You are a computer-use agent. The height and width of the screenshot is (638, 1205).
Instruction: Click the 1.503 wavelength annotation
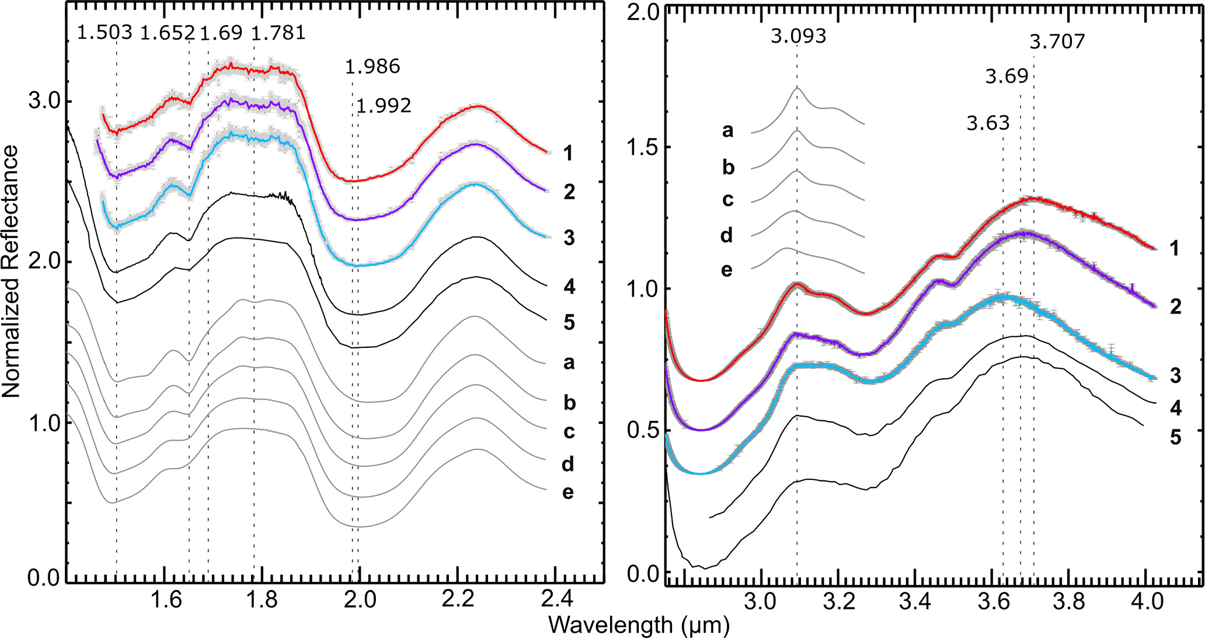pos(105,33)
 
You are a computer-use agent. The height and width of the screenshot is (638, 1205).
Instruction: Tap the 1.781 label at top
pos(279,33)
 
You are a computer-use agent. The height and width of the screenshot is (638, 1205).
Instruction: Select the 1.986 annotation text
pos(372,67)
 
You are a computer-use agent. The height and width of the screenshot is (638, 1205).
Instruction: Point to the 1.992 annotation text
pos(384,106)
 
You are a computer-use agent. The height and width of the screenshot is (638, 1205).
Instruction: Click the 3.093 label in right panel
pos(798,36)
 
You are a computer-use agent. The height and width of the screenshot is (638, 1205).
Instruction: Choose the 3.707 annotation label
pos(1057,41)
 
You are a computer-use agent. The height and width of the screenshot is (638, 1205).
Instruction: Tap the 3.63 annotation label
pos(988,123)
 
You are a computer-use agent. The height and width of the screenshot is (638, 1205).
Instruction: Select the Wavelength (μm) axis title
pos(639,625)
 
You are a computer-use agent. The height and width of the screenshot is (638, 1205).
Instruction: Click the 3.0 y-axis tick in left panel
pos(44,100)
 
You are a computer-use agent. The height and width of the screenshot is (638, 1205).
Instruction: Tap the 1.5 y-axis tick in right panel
pos(642,147)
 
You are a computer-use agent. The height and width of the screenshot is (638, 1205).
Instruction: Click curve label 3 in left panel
pos(569,238)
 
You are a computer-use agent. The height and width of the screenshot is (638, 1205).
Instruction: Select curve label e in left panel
pos(567,493)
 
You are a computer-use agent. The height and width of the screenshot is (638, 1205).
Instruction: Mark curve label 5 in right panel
pos(1175,437)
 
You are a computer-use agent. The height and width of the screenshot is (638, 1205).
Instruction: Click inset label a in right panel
pos(727,130)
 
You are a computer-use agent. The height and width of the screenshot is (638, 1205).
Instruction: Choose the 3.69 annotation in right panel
pos(1007,76)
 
